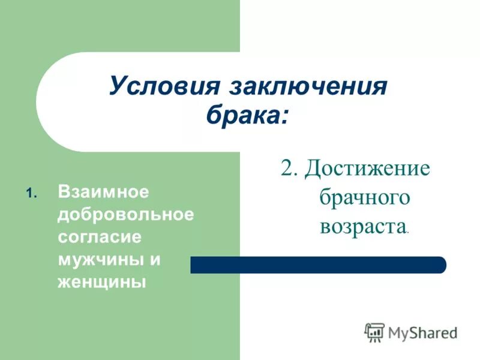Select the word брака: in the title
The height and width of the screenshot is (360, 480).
(247, 114)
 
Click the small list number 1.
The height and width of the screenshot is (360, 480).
(31, 194)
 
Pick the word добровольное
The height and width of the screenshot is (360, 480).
(126, 215)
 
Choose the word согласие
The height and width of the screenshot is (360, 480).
(100, 237)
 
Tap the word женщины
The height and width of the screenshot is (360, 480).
(102, 281)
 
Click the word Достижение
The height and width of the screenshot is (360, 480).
(367, 168)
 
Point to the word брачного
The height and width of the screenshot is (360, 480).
(364, 197)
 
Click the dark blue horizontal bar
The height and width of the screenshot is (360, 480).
(318, 265)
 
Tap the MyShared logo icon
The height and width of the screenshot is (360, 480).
(375, 332)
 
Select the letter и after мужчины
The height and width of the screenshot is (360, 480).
(155, 259)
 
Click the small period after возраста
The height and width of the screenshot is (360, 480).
(409, 232)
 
